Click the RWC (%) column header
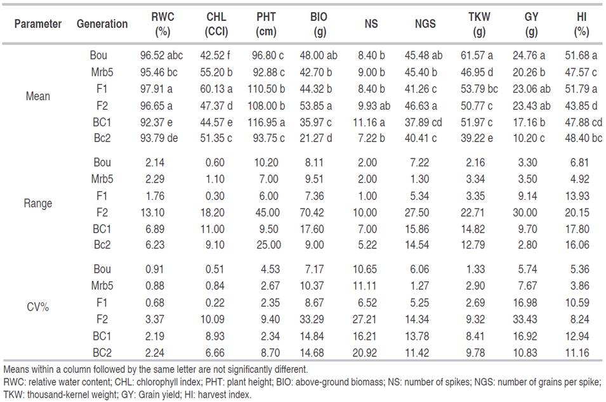pos(161,23)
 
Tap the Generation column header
pos(102,24)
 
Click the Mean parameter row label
pos(38,96)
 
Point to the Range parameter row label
pos(39,204)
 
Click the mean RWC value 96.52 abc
pos(161,55)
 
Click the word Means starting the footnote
pos(17,368)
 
